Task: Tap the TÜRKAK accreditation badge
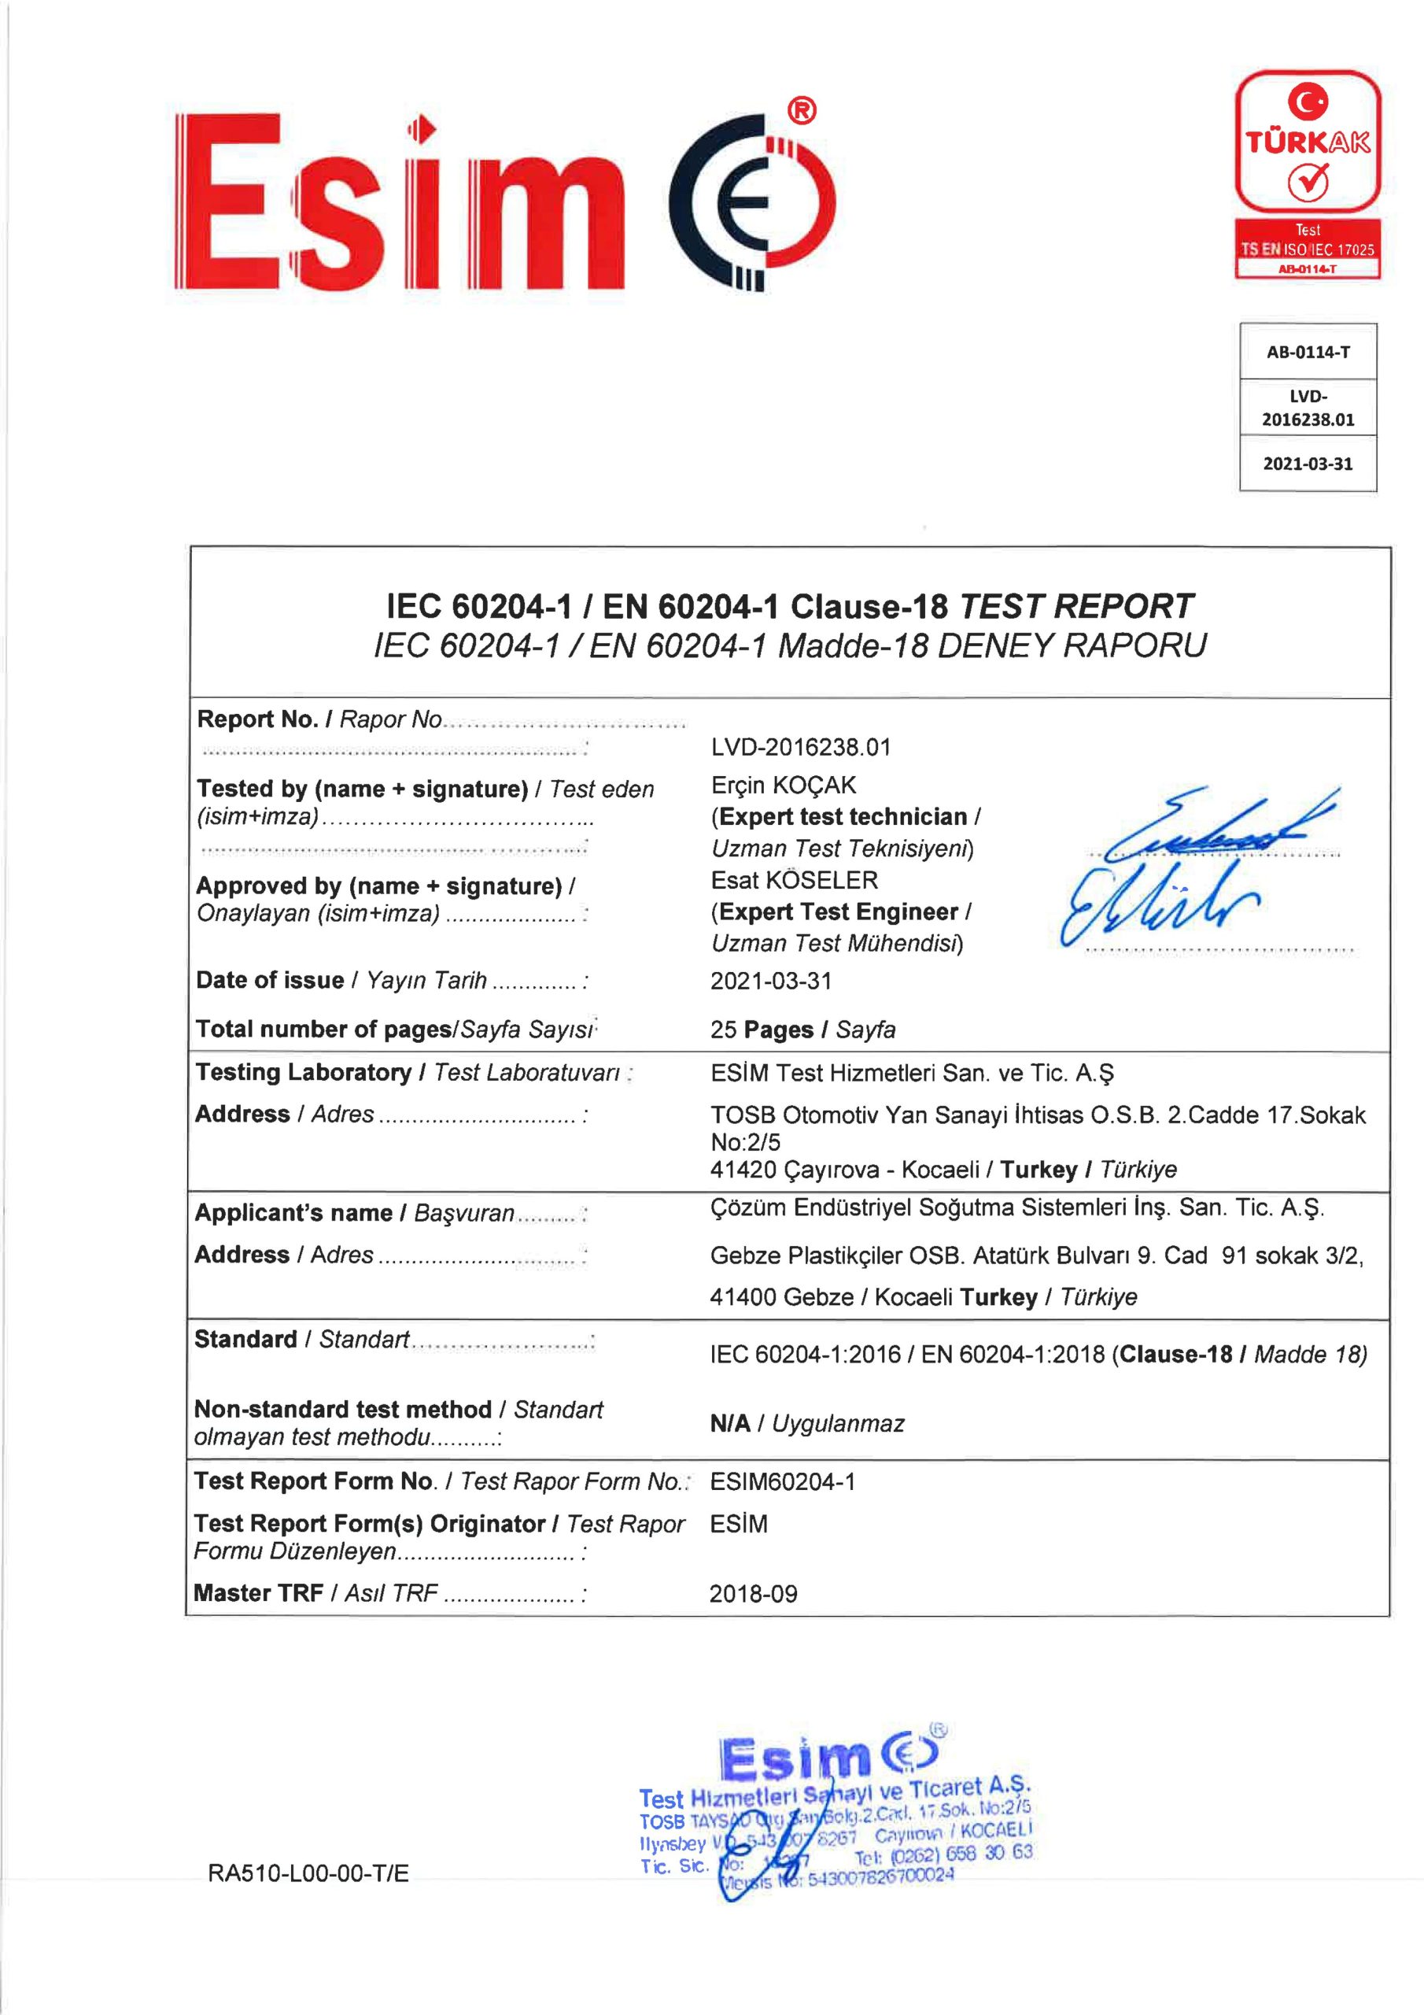click(1307, 175)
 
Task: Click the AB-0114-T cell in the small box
click(1308, 352)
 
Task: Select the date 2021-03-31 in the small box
click(1308, 464)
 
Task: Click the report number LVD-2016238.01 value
click(800, 747)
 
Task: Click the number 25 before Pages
click(723, 1030)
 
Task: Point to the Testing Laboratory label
click(303, 1073)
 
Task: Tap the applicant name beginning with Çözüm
click(1016, 1208)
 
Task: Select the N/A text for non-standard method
click(730, 1424)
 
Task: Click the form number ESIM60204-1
click(782, 1482)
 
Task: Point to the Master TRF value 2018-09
click(753, 1594)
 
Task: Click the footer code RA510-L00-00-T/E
click(308, 1873)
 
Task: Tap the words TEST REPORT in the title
click(1076, 606)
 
